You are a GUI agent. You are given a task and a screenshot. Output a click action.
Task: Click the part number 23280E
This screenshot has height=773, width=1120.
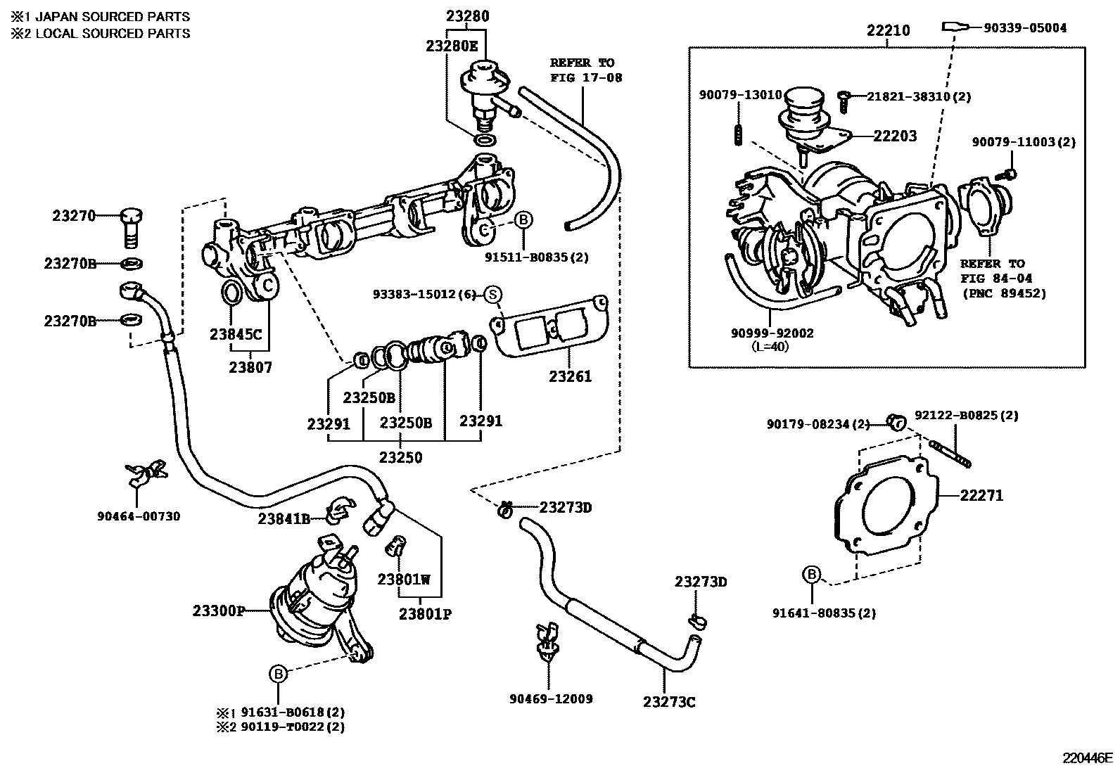tap(452, 46)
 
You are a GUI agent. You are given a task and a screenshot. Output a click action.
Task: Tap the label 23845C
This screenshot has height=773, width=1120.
tap(235, 334)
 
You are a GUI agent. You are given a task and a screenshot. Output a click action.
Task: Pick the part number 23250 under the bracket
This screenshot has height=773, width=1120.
tap(401, 458)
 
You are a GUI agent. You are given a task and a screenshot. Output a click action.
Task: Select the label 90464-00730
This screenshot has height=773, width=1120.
tap(139, 516)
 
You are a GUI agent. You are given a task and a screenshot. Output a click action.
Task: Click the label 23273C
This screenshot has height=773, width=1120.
tap(669, 702)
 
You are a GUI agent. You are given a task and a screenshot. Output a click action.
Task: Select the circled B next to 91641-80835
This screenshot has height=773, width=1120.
tap(811, 575)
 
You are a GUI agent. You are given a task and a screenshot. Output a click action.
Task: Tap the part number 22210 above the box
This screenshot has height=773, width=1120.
tap(888, 30)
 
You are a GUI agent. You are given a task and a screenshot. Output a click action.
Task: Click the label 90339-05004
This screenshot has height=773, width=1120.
tap(1024, 27)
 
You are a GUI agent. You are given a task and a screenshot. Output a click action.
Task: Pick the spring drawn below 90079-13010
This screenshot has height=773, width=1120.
tap(739, 134)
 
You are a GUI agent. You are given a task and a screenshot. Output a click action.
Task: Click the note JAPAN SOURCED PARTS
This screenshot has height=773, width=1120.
tap(113, 16)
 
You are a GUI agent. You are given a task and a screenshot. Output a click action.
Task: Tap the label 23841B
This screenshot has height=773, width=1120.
tap(284, 519)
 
